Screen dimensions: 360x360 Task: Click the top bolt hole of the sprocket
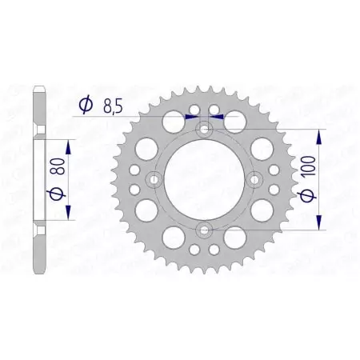coord(204,128)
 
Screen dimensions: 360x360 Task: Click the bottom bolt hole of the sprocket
coord(204,231)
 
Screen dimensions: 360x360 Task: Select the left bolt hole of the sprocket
coord(153,179)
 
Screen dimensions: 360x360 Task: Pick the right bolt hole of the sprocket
coord(256,179)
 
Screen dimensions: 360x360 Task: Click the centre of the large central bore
coord(204,179)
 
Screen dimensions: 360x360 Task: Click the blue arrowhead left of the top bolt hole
coord(192,116)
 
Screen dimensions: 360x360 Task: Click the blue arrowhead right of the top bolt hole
coord(217,116)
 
